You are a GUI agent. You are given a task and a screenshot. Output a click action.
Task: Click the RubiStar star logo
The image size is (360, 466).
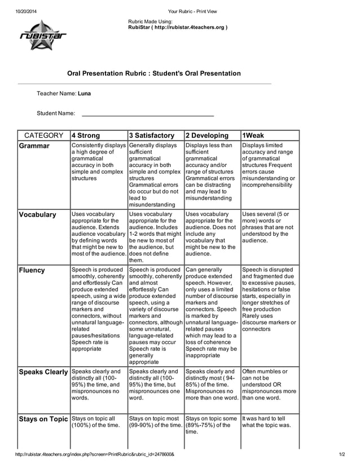(43, 36)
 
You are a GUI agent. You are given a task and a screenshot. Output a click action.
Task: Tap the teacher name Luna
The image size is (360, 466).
(84, 93)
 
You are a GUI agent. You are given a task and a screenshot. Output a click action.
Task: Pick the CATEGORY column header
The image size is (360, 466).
(43, 135)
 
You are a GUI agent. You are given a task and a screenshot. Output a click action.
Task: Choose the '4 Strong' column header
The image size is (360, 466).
(86, 135)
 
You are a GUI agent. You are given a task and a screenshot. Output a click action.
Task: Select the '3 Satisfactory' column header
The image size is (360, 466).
(152, 135)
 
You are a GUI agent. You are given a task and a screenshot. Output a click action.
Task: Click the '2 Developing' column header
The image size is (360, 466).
(207, 135)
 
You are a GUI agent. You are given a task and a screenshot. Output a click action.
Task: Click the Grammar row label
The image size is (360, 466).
(34, 146)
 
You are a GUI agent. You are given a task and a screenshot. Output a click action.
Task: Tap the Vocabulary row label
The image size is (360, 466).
(38, 215)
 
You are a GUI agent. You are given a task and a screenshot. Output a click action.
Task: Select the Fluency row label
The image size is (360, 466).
(32, 270)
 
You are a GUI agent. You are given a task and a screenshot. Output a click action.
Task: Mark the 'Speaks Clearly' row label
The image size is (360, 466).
(43, 372)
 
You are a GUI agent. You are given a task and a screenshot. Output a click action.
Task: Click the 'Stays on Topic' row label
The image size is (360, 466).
(43, 419)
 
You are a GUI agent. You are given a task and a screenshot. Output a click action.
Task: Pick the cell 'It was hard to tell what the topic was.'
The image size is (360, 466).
(267, 422)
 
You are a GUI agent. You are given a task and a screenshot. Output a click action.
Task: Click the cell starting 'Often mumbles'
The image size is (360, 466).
(269, 384)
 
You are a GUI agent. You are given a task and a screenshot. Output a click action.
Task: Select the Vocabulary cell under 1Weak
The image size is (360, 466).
(268, 227)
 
